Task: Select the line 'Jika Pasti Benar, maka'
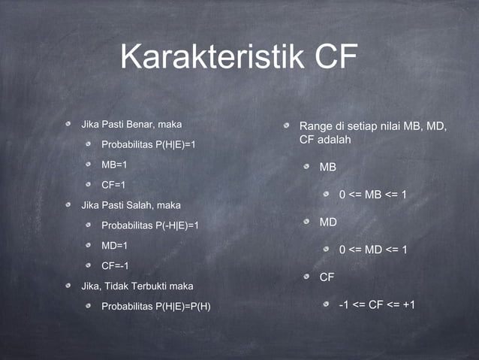click(x=131, y=123)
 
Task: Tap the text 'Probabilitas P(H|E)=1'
click(x=149, y=144)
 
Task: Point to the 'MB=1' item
click(x=115, y=164)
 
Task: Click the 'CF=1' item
click(x=114, y=184)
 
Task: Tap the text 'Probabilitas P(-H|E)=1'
click(x=150, y=225)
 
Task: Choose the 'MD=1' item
click(x=115, y=245)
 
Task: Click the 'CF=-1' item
click(x=116, y=265)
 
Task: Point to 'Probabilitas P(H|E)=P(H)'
click(x=156, y=306)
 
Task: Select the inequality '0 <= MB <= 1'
click(x=373, y=195)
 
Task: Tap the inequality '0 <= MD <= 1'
click(x=373, y=250)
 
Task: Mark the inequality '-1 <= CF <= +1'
click(x=378, y=304)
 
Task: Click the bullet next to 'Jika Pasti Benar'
click(x=68, y=123)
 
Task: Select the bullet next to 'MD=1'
click(x=89, y=246)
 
